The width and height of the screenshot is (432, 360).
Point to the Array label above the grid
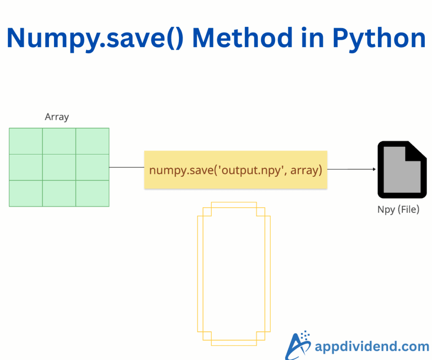tap(57, 117)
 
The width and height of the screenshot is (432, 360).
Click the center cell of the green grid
tap(59, 167)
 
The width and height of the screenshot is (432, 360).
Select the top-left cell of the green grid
tap(26, 141)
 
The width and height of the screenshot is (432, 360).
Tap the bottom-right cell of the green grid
tap(92, 193)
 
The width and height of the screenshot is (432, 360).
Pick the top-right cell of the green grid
tap(92, 141)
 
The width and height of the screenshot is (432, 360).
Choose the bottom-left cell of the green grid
tap(26, 193)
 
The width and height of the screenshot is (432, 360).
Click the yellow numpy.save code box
tap(235, 170)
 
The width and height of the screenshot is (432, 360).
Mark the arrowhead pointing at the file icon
tap(374, 169)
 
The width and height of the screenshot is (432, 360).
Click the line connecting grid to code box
tap(127, 167)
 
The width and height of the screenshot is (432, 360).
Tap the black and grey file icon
tap(399, 170)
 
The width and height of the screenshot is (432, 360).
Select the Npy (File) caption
tap(398, 209)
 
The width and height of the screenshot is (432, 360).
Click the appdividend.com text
tap(372, 347)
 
